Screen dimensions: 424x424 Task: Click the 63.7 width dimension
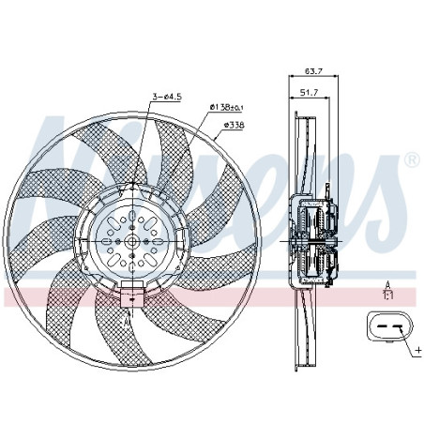coord(314,69)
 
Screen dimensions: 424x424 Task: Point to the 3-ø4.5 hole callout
coord(168,94)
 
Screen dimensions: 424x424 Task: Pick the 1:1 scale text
coord(386,294)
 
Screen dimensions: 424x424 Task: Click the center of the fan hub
coord(131,241)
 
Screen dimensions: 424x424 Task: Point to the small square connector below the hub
coord(129,299)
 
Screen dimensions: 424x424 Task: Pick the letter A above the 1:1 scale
coord(386,282)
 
